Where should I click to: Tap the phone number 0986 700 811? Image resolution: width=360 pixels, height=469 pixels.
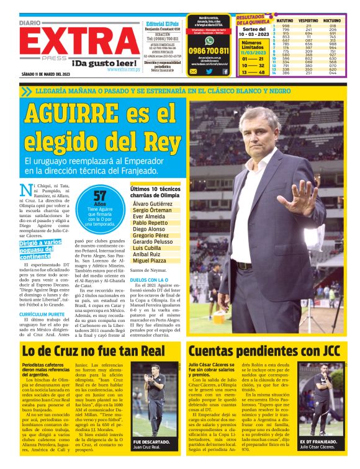209,51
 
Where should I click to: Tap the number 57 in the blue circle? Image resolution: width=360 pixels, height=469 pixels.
99,197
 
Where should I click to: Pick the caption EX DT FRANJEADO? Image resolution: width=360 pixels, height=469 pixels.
318,441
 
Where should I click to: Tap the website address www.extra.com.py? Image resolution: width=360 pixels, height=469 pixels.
123,69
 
